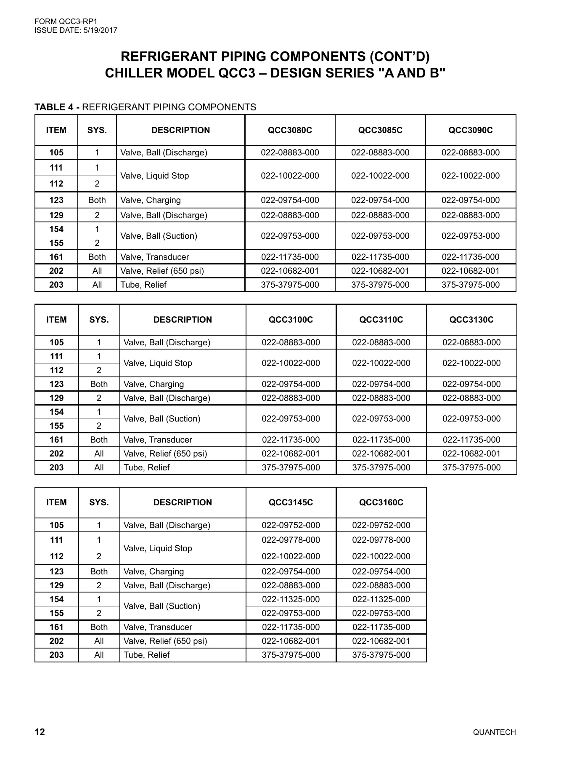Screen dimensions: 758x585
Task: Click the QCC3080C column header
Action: click(x=290, y=130)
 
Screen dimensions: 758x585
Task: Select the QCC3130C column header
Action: click(x=471, y=320)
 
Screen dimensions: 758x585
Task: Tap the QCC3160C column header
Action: click(x=381, y=502)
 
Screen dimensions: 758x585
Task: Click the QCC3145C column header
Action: click(x=291, y=502)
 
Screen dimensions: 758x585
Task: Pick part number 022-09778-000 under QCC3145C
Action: click(x=291, y=540)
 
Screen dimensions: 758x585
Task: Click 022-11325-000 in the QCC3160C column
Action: click(x=381, y=599)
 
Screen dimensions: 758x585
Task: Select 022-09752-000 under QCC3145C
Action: click(x=291, y=525)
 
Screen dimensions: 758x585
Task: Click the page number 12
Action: click(x=40, y=732)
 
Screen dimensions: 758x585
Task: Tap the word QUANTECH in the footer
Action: click(x=494, y=732)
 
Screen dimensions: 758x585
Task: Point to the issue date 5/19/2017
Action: click(x=99, y=30)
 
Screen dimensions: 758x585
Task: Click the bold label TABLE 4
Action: click(x=57, y=107)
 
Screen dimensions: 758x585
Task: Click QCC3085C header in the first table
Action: click(x=380, y=130)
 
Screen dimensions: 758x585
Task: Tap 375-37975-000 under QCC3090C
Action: click(x=471, y=285)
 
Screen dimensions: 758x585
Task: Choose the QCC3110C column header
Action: click(x=381, y=320)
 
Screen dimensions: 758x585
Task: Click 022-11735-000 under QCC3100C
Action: click(x=291, y=440)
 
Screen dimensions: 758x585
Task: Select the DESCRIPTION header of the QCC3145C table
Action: click(x=183, y=502)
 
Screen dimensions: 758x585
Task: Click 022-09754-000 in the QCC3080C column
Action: click(x=290, y=200)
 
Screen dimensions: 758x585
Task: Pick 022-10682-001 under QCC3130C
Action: click(x=471, y=454)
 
